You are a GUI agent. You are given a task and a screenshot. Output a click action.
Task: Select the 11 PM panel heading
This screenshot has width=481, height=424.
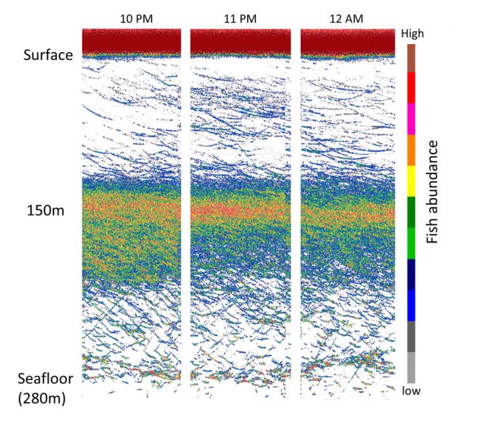point(240,19)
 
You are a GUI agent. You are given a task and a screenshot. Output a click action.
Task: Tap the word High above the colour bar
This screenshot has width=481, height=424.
point(411,32)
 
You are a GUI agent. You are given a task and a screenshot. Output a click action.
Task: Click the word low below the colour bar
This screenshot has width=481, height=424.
point(412,391)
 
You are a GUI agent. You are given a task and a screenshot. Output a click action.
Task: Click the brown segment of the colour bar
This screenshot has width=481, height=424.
point(412,57)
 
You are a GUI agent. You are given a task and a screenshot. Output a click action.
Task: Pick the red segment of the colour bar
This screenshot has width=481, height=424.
point(412,87)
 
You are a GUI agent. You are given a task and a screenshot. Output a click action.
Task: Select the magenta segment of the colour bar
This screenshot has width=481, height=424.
point(412,119)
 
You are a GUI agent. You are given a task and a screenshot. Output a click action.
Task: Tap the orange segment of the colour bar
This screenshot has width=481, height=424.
point(412,150)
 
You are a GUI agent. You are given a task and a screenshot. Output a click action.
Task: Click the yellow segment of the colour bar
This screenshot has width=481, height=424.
point(412,181)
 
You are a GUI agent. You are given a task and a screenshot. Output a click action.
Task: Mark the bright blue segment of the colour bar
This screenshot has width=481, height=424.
point(412,305)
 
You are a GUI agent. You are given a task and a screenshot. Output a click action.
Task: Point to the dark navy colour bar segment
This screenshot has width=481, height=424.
point(412,273)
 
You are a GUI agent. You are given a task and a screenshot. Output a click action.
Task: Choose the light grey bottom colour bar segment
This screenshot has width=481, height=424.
point(412,367)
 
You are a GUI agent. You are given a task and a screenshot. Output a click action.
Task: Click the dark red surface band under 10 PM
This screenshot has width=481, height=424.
point(132,41)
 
